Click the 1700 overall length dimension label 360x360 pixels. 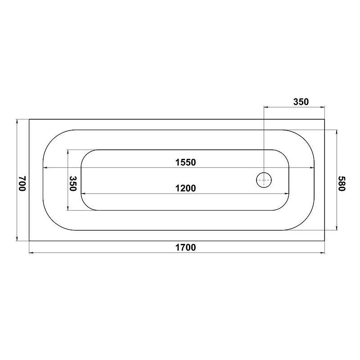(185, 247)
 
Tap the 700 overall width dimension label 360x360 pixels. (22, 184)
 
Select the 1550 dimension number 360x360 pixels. (185, 162)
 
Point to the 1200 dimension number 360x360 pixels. (185, 188)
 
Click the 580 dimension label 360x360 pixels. (342, 184)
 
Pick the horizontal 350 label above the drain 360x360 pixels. (301, 102)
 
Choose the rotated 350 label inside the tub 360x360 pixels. (73, 184)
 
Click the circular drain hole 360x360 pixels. (264, 180)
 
